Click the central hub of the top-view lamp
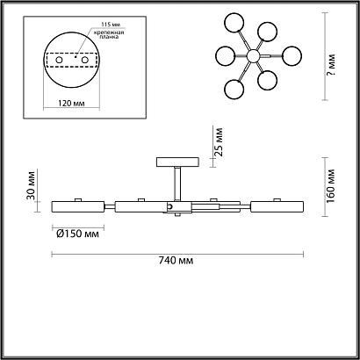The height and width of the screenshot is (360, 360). pyautogui.click(x=253, y=56)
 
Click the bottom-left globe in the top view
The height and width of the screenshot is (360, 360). pyautogui.click(x=235, y=88)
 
